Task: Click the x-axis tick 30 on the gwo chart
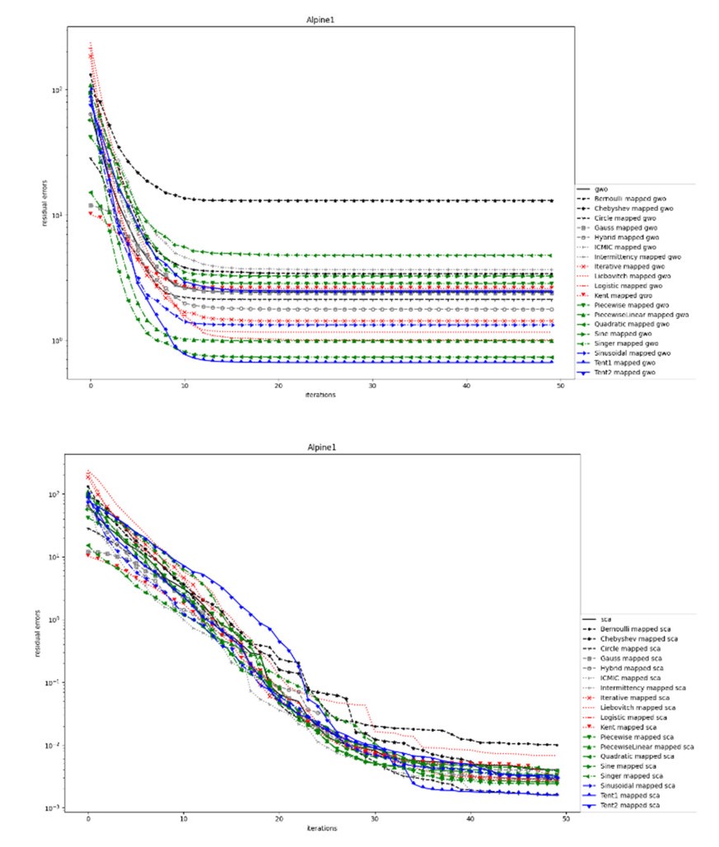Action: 373,386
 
